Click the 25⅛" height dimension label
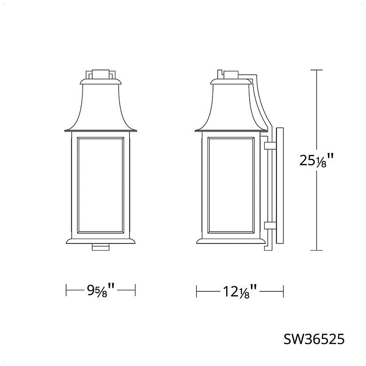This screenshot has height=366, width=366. click(316, 160)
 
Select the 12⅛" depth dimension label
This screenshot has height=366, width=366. click(239, 292)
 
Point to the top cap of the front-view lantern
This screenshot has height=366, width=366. click(100, 74)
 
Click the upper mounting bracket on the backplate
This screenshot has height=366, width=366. click(269, 145)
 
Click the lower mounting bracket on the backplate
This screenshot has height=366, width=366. click(269, 226)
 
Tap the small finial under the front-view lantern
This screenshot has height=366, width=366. click(100, 246)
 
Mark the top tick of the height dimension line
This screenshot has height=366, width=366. click(317, 70)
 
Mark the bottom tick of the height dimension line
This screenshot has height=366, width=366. click(317, 251)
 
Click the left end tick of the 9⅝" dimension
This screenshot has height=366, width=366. click(66, 290)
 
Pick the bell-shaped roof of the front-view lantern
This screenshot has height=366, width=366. click(100, 106)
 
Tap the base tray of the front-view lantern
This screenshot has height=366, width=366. click(100, 240)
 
